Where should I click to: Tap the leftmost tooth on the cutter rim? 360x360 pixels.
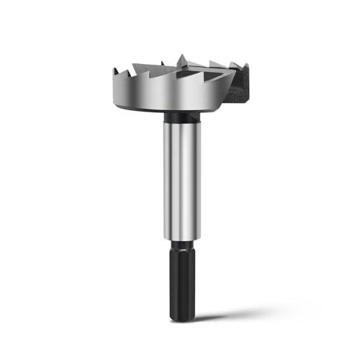point(117,69)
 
